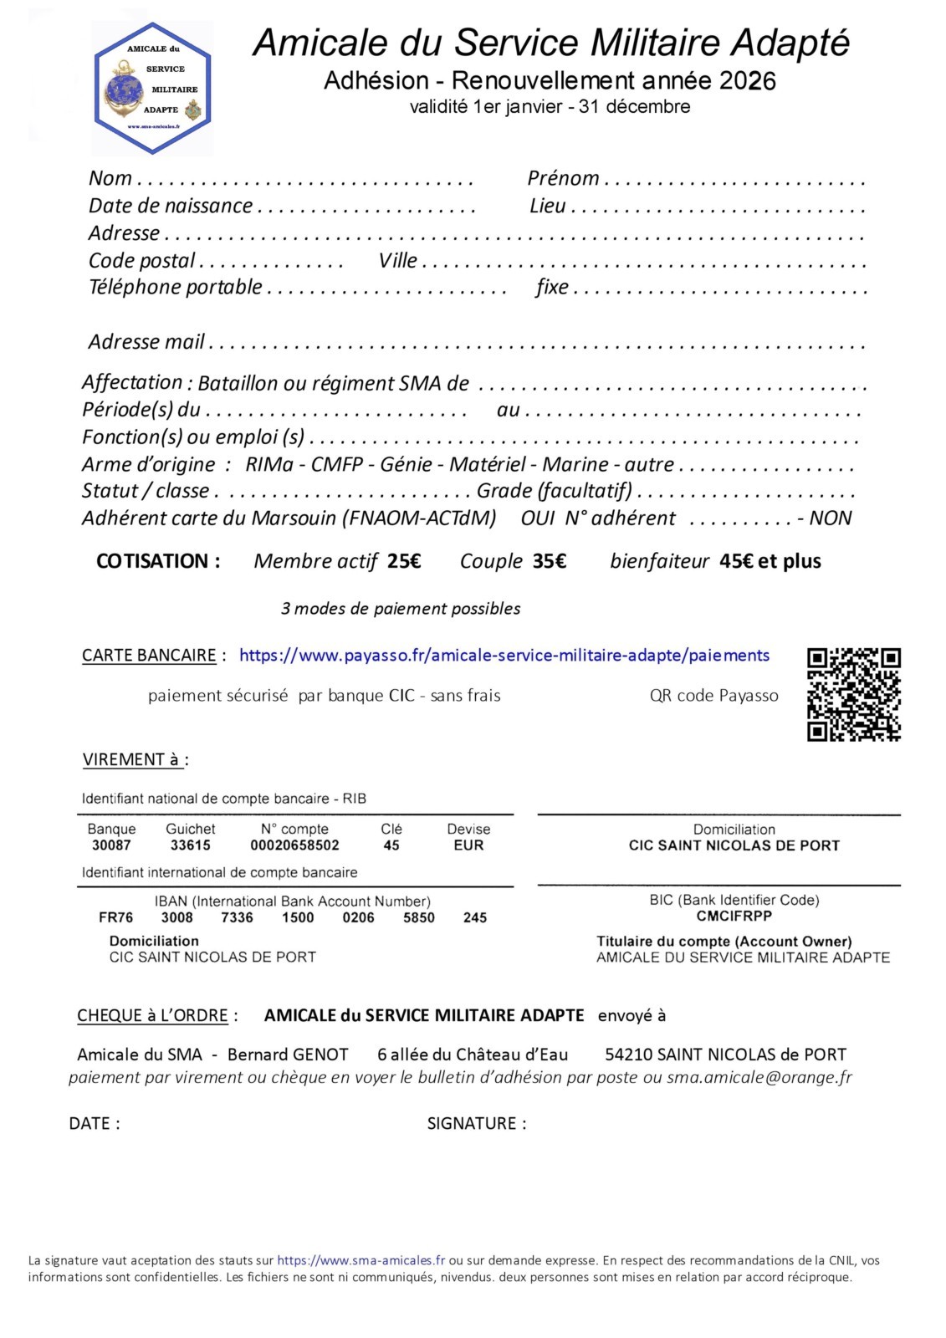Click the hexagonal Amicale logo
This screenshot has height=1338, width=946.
point(152,89)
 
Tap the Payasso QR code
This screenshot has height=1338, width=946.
point(853,694)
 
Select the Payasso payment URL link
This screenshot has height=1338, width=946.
point(504,656)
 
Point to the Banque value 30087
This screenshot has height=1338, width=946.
point(111,845)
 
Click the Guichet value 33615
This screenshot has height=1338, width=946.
point(190,845)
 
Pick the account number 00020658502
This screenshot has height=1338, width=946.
point(294,845)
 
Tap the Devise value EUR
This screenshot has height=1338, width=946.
point(468,845)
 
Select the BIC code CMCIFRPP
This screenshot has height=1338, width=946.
point(734,916)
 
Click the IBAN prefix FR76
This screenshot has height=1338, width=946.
point(115,917)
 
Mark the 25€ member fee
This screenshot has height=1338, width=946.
point(404,561)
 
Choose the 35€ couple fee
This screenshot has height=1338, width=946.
point(550,561)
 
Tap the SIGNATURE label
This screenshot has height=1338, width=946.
point(476,1123)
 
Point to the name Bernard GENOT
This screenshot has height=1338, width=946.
point(288,1055)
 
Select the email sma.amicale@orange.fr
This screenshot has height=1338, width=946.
point(759,1077)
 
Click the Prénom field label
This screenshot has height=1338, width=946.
point(563,178)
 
